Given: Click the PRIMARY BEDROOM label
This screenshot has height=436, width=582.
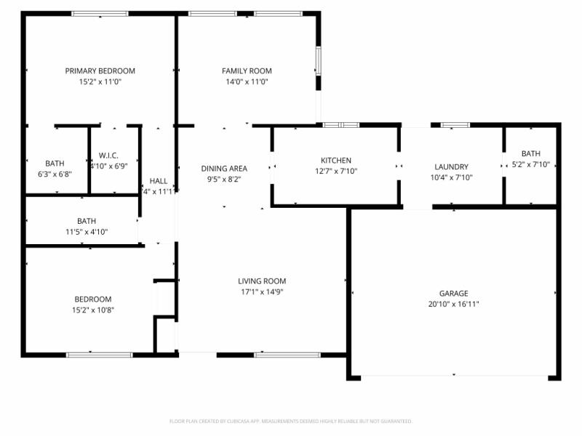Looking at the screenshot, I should [x=100, y=70].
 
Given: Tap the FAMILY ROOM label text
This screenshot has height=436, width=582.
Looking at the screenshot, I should [x=247, y=70].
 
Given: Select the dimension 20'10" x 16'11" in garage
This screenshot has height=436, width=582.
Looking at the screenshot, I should [x=453, y=304].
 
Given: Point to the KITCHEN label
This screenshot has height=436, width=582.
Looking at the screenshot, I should [x=336, y=161].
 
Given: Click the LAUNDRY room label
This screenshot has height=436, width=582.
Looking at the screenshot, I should [x=451, y=166].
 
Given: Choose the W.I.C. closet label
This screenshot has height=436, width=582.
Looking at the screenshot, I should [x=108, y=155].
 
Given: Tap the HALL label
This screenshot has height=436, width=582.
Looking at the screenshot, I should [x=158, y=181].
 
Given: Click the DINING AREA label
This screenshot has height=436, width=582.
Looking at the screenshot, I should [x=224, y=168].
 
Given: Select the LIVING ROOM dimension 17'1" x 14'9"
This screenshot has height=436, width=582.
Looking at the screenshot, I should [x=262, y=292].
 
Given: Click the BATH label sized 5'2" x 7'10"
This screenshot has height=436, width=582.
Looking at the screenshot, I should [x=530, y=153].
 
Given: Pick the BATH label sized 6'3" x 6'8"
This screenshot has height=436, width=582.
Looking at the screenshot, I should [x=55, y=163].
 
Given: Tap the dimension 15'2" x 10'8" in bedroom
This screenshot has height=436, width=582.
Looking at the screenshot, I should [x=93, y=310].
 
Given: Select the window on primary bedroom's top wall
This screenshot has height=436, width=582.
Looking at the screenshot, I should [x=100, y=14].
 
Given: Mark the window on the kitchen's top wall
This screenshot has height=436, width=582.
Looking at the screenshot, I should [x=341, y=125].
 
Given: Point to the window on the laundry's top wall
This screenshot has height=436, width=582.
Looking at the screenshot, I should [x=455, y=125].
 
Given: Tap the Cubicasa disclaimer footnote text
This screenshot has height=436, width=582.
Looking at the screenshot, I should [x=291, y=421].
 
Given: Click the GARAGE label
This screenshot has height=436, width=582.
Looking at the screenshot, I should [x=453, y=293].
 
